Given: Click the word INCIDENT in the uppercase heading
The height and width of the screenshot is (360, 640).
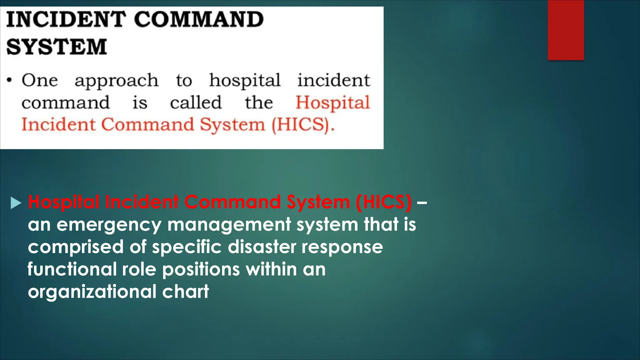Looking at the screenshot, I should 66,19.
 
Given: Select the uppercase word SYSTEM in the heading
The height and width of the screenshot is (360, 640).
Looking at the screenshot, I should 57,47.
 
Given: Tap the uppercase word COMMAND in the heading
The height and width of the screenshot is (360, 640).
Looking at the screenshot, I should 199,19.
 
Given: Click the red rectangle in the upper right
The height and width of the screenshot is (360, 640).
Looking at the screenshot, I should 566,30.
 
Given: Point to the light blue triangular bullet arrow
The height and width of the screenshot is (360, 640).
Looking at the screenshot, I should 16,203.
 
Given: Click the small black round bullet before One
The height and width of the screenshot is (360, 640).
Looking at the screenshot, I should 10,80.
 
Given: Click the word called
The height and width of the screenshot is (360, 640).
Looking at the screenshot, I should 196,102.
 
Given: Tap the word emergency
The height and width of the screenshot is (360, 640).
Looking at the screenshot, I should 109,225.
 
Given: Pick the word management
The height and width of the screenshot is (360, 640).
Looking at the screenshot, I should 229,225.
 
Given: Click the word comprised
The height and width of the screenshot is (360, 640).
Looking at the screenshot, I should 76,247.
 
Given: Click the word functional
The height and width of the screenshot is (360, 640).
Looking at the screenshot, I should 72,269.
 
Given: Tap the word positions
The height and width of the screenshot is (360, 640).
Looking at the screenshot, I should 201,269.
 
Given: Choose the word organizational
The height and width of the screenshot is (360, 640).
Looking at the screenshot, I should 92,292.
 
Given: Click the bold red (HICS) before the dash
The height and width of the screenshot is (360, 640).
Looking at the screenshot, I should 383,202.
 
